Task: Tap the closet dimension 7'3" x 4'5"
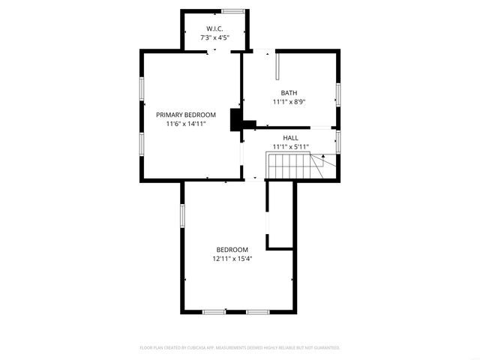214,37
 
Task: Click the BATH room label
289,93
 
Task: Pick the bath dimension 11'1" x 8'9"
289,102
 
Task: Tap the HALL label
290,138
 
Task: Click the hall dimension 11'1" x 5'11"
290,147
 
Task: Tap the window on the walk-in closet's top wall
232,10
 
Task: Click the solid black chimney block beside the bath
238,120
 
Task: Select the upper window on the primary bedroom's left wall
141,88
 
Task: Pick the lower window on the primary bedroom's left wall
141,144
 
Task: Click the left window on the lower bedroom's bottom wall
214,311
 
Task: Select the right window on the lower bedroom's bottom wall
258,311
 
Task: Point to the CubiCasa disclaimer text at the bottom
240,348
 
